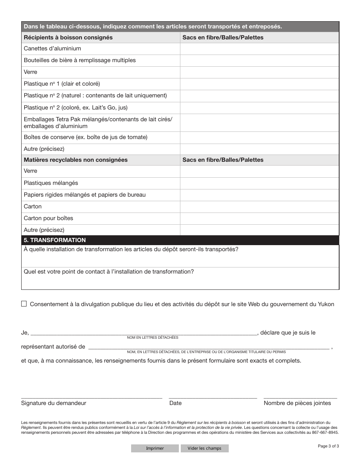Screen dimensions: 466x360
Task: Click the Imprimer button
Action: tap(155, 448)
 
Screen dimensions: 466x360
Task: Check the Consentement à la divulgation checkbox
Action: tap(24, 303)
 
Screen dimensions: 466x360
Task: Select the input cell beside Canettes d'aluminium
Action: tap(259, 49)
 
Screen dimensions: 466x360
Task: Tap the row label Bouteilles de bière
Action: tap(80, 60)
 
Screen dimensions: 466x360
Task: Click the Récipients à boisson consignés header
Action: tap(68, 38)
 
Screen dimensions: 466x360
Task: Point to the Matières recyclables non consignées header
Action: tap(76, 160)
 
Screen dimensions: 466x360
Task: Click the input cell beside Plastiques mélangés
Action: tap(259, 183)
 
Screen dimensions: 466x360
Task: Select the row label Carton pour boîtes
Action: tap(49, 218)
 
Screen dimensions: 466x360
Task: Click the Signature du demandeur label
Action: tap(53, 403)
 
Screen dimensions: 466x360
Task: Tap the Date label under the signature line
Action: tap(175, 403)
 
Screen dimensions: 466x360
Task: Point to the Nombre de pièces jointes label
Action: tap(297, 403)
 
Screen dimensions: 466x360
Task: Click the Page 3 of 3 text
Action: tap(328, 446)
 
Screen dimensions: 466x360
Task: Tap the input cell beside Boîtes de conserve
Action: tap(259, 138)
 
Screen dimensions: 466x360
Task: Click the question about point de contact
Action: tap(109, 272)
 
